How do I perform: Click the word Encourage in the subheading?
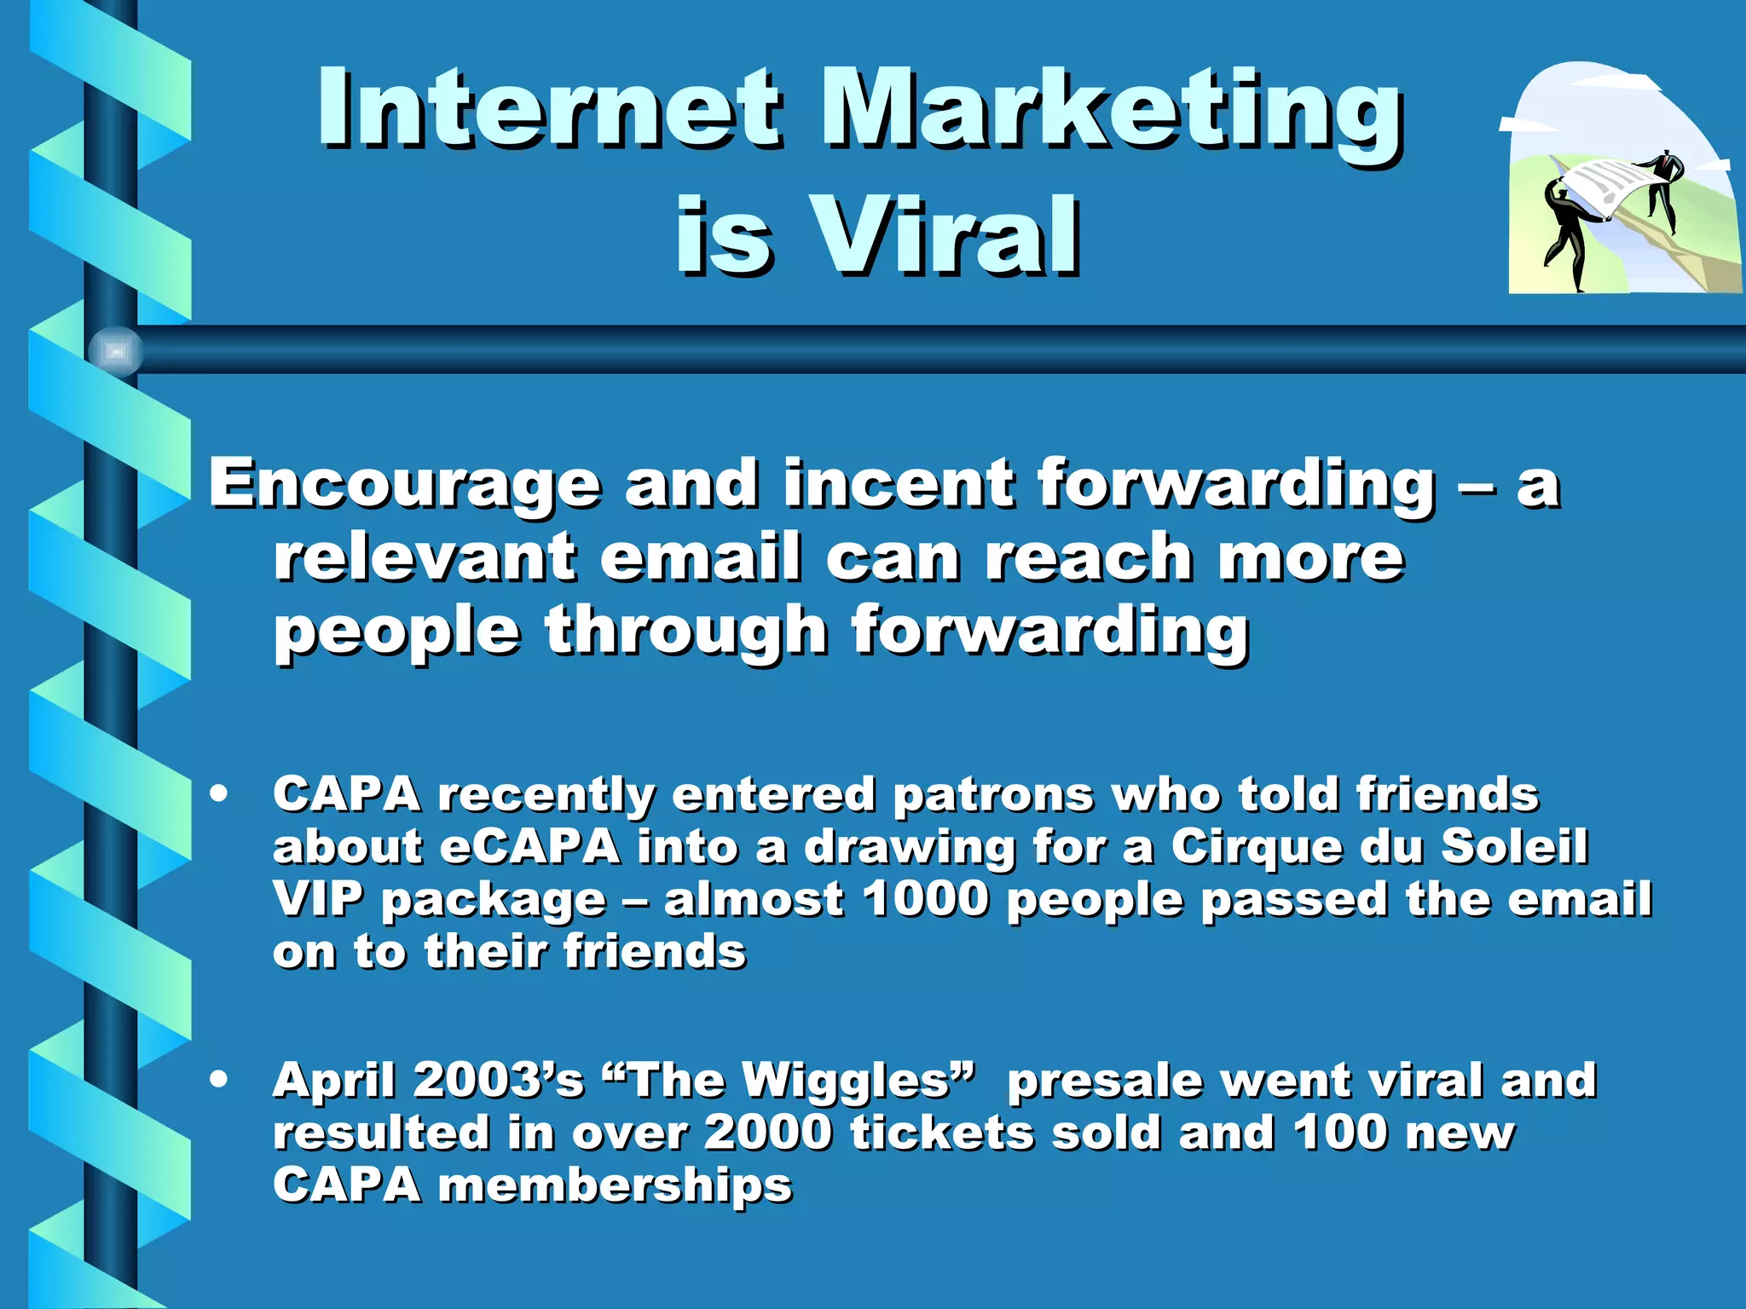tap(405, 484)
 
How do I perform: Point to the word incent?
tap(898, 483)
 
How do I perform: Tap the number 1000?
tap(924, 899)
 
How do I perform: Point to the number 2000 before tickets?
tap(767, 1133)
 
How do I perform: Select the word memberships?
tap(615, 1185)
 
